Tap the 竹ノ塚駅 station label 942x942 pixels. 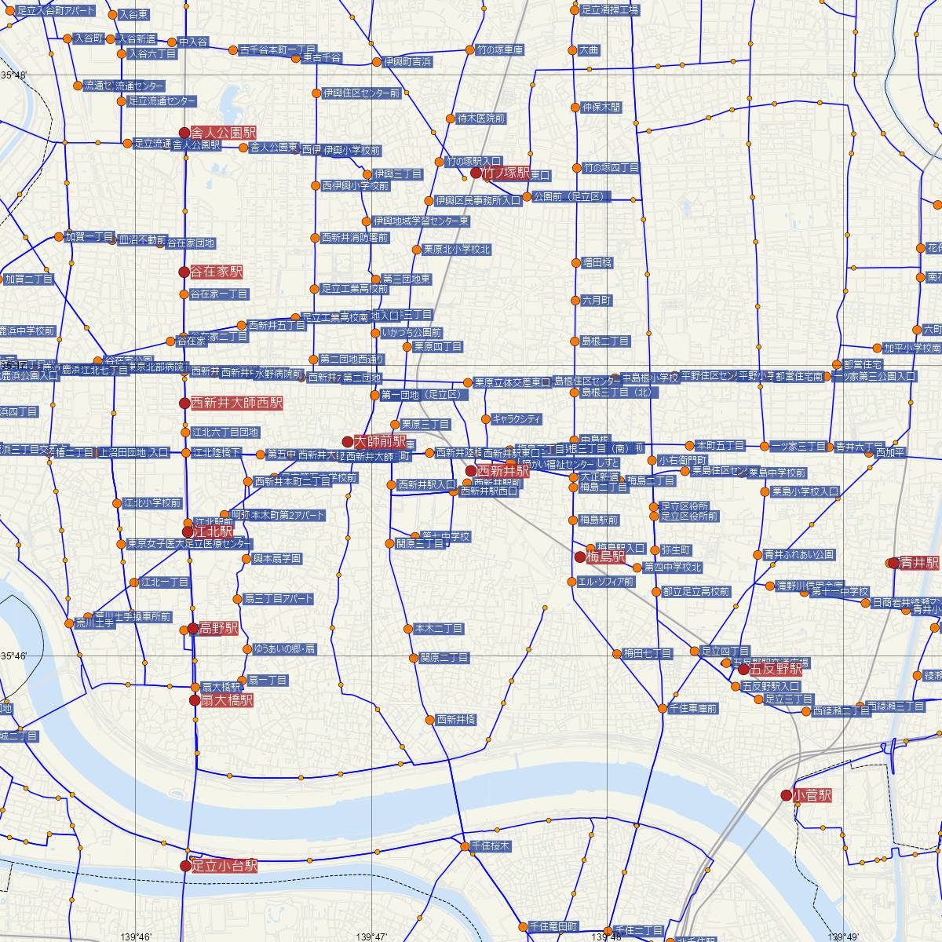(506, 173)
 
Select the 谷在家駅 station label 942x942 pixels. (217, 272)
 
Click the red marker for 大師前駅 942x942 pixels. (348, 442)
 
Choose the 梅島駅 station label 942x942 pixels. (606, 557)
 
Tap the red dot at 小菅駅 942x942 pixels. (786, 795)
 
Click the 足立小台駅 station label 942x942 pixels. (225, 866)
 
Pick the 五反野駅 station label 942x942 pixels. (776, 670)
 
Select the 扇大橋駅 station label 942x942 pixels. (221, 700)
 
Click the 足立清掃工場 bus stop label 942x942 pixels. (610, 10)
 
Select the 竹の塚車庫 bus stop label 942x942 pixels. (500, 49)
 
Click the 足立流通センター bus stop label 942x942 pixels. (162, 101)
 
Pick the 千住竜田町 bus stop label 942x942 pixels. (553, 926)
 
